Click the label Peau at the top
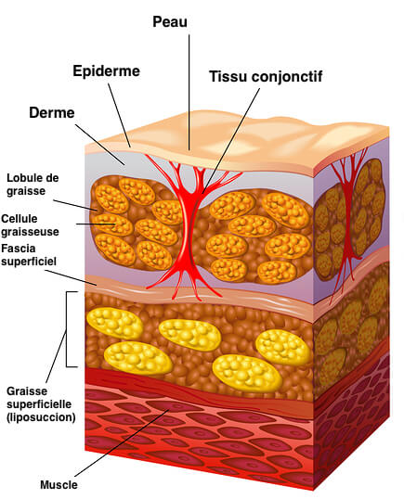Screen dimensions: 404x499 point(170,21)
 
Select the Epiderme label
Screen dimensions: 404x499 point(107,70)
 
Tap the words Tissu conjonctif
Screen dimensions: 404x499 point(266,76)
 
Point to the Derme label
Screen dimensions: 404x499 point(52,112)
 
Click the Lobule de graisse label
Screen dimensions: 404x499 point(33,185)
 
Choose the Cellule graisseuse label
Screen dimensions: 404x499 point(30,225)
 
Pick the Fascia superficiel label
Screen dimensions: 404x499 point(29,254)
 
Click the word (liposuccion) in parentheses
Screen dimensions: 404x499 point(41,417)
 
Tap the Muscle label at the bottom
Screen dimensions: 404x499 point(59,485)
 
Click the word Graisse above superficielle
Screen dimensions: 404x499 point(27,391)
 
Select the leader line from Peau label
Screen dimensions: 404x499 point(189,93)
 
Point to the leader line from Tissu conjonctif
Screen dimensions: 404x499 point(230,141)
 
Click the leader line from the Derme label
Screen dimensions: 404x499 point(99,145)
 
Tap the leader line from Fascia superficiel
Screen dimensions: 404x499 point(71,277)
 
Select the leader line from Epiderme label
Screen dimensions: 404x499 point(119,115)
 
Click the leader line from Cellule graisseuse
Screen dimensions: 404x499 point(96,224)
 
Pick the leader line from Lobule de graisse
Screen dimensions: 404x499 point(75,205)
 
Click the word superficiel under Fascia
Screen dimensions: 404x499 point(29,262)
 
